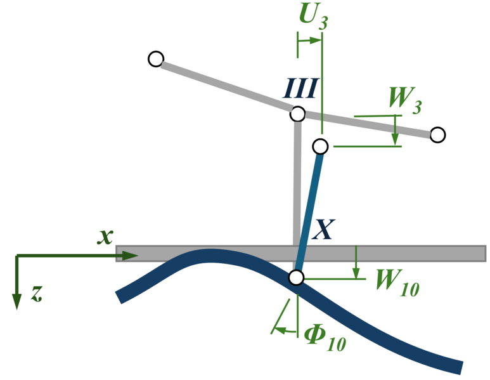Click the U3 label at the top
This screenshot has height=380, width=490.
pyautogui.click(x=313, y=17)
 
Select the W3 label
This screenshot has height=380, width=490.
pyautogui.click(x=404, y=100)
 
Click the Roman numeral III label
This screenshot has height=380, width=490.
pyautogui.click(x=300, y=89)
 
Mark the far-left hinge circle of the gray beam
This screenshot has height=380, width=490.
pyautogui.click(x=155, y=59)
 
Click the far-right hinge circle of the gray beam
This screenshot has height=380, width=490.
pyautogui.click(x=437, y=134)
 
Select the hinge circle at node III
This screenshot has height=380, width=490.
pyautogui.click(x=297, y=114)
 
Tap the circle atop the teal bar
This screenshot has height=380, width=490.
pyautogui.click(x=320, y=147)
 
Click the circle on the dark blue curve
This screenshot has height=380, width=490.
pyautogui.click(x=296, y=277)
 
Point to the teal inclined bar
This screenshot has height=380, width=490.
pyautogui.click(x=309, y=209)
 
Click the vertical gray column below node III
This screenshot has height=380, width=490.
pyautogui.click(x=297, y=184)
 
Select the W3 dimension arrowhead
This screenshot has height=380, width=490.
pyautogui.click(x=395, y=140)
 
